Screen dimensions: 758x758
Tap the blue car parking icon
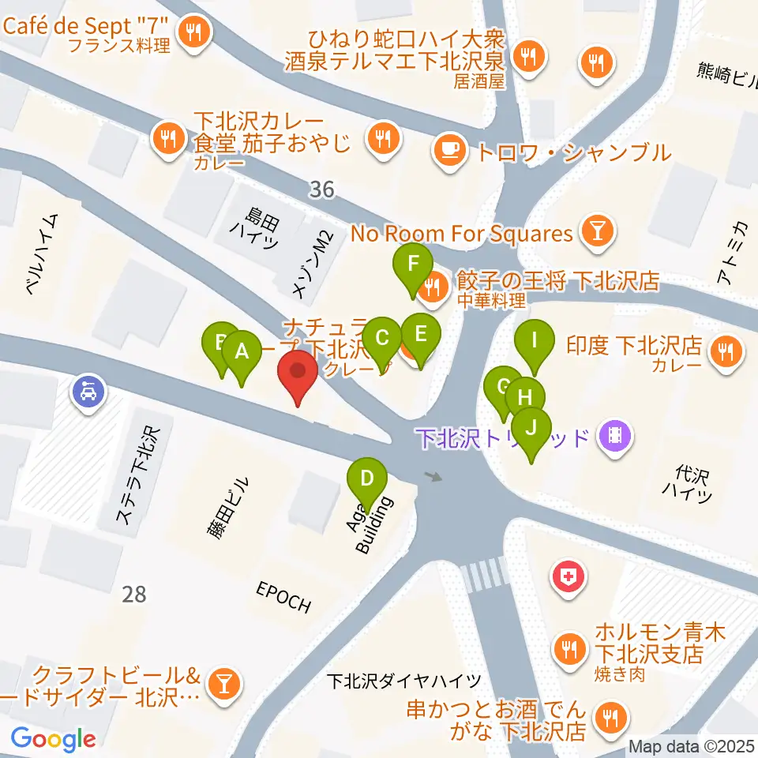(x=88, y=390)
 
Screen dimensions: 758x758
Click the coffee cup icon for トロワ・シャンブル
(x=450, y=149)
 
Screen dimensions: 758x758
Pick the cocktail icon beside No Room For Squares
(x=593, y=231)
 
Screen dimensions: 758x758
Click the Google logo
(x=53, y=739)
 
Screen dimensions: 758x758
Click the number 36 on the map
(x=321, y=189)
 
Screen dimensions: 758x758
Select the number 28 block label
(x=134, y=594)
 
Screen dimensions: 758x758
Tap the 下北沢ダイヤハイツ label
(x=404, y=680)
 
